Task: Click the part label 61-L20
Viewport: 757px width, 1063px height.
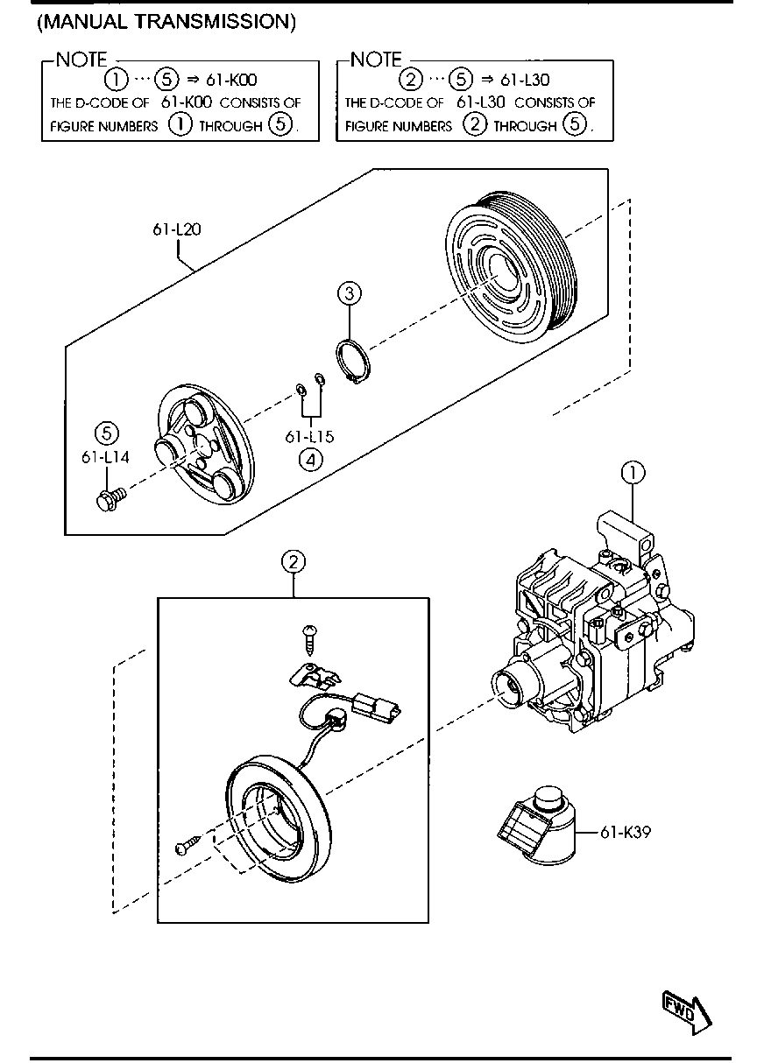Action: [177, 229]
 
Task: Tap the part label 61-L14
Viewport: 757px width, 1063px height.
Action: [105, 457]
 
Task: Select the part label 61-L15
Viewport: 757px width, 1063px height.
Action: [309, 436]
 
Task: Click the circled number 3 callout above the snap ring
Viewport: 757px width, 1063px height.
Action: [349, 293]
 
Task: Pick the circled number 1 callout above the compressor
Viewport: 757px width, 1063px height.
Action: [633, 473]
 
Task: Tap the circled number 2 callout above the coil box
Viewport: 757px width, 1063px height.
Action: [294, 562]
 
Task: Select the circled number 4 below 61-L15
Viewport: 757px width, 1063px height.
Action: [310, 460]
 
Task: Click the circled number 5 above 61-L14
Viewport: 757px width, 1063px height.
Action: [107, 433]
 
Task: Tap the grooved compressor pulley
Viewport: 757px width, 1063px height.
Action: [512, 268]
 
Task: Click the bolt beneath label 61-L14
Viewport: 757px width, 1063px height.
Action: [110, 499]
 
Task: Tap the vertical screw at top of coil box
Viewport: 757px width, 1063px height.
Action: [309, 641]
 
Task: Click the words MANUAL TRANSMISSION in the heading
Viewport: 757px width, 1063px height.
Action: [166, 22]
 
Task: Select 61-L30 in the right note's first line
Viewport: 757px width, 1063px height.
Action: [525, 80]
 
